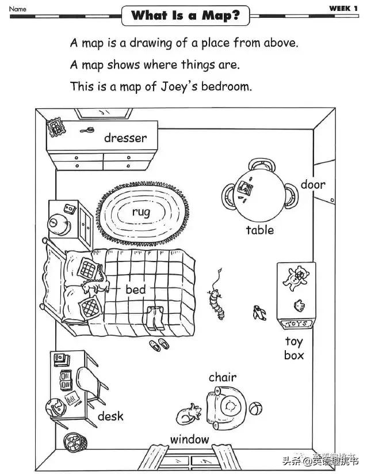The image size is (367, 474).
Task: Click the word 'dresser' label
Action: (125, 138)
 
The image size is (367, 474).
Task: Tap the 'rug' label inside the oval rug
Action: (141, 212)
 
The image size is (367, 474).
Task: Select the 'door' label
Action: (313, 185)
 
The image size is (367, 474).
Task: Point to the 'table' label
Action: (260, 230)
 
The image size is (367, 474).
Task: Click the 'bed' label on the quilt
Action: (136, 289)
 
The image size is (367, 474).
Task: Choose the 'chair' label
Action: (223, 377)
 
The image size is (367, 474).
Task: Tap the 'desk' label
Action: (110, 416)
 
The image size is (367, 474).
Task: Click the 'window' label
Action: (190, 439)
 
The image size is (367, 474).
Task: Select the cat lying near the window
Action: (189, 414)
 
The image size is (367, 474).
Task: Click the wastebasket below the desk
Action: (75, 444)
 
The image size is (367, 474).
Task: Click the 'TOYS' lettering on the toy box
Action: (297, 324)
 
